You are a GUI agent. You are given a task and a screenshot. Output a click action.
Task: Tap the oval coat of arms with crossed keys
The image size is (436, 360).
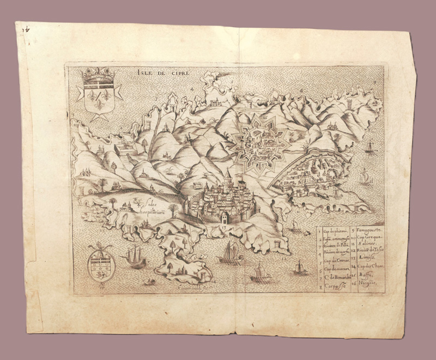[100, 263]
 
